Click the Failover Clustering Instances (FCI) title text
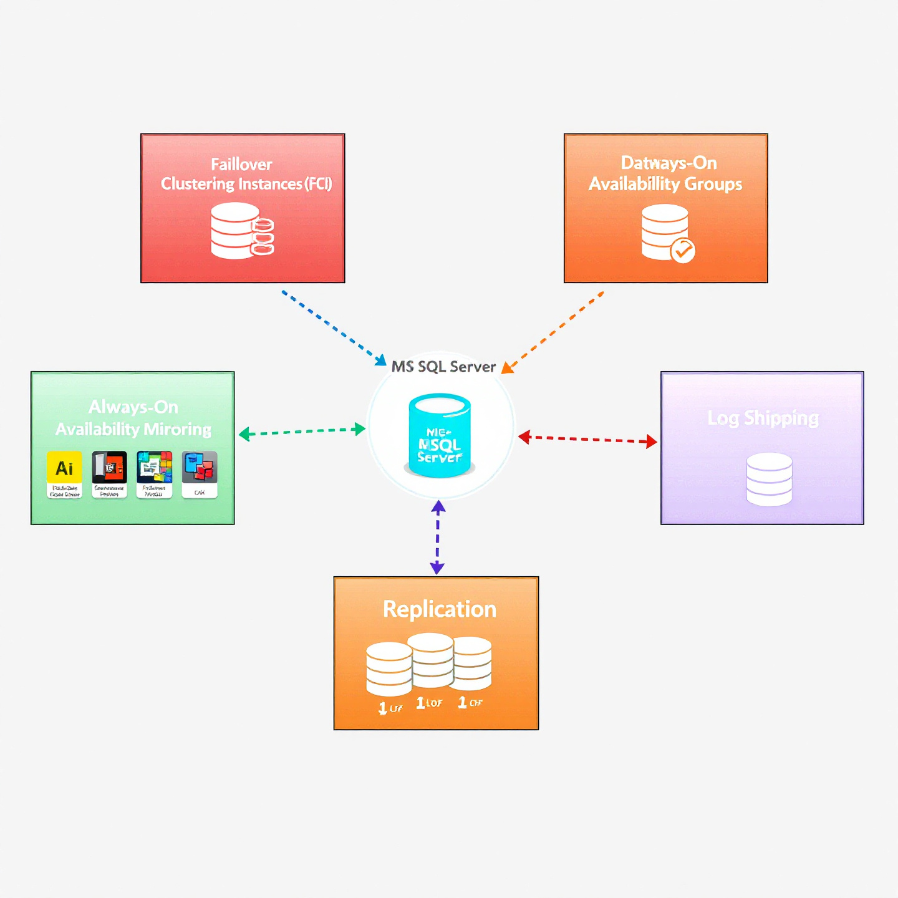click(x=246, y=174)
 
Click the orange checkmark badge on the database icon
click(x=682, y=251)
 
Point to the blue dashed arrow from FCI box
click(x=334, y=328)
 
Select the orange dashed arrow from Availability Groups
click(x=553, y=332)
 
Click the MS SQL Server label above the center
click(x=443, y=367)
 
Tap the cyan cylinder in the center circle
click(x=440, y=435)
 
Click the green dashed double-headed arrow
click(x=302, y=431)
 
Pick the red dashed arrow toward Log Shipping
click(x=587, y=439)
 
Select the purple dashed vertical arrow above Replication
click(x=438, y=537)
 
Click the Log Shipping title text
click(x=763, y=418)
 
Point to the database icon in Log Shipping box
click(x=769, y=479)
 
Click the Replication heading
click(x=439, y=609)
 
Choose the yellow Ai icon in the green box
click(x=64, y=468)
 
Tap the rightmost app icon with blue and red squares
click(x=200, y=468)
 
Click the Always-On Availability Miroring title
click(x=133, y=418)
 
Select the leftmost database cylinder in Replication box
click(x=389, y=669)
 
